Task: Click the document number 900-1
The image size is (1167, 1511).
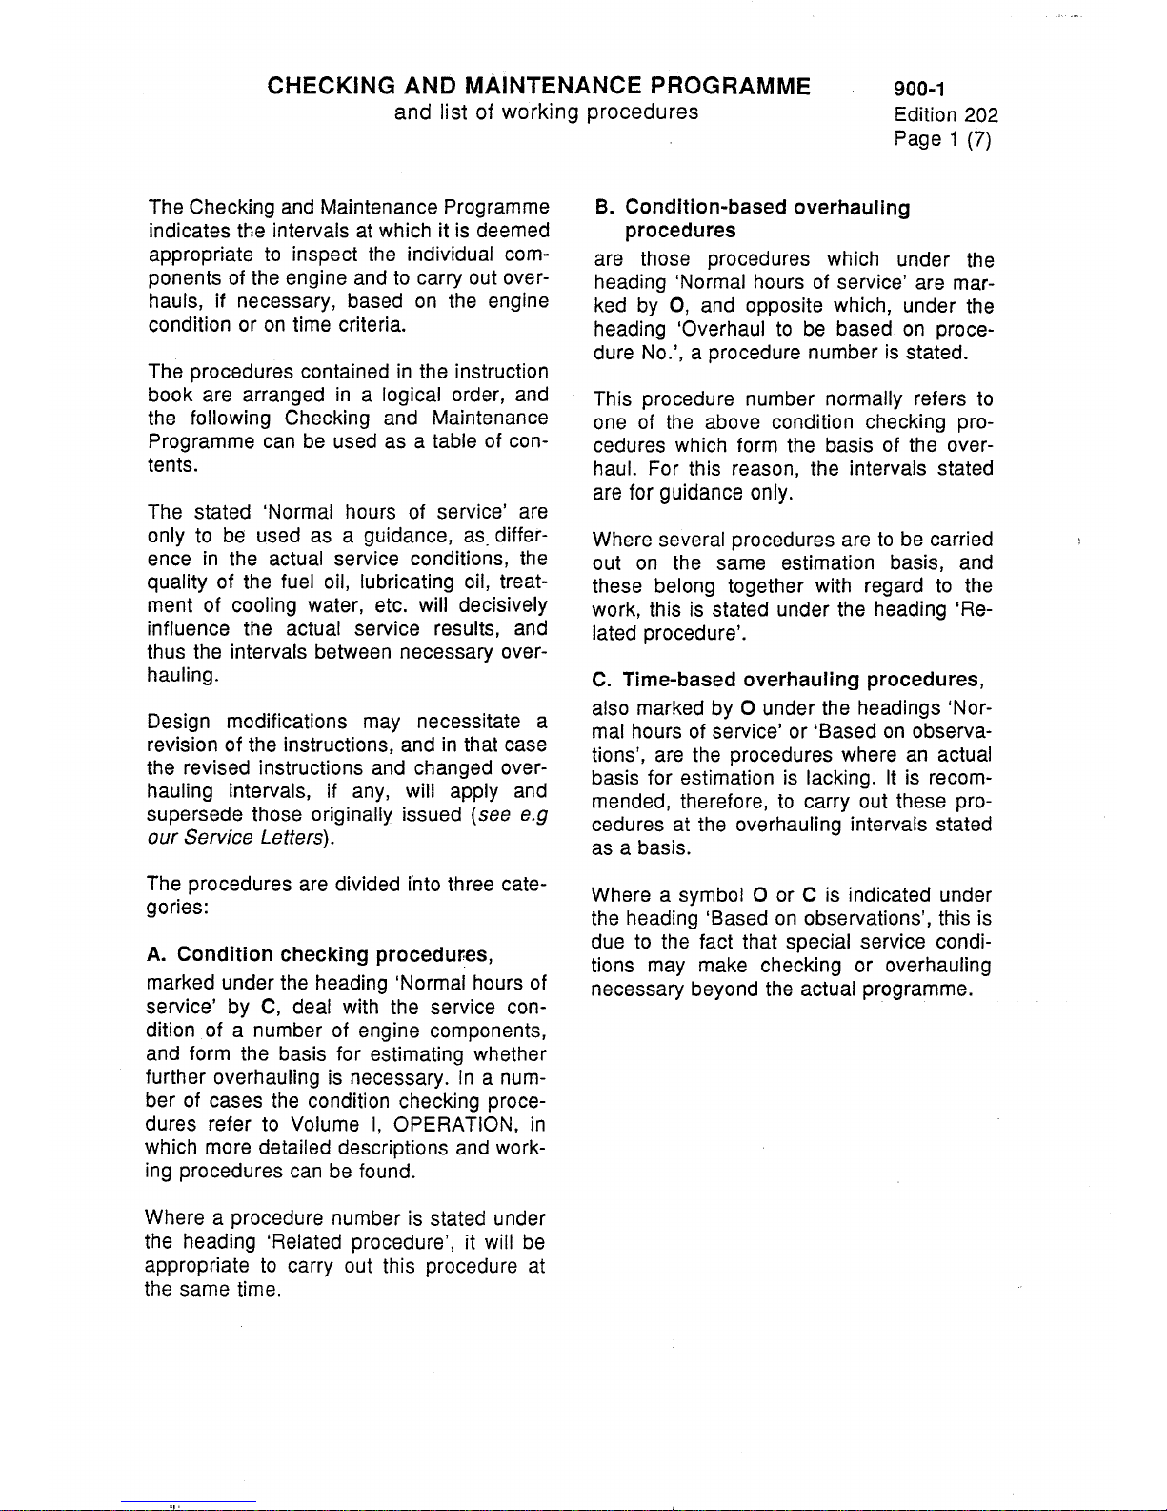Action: [x=919, y=90]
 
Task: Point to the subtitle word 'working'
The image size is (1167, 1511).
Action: [x=540, y=112]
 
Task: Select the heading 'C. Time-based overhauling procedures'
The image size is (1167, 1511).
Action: [x=787, y=680]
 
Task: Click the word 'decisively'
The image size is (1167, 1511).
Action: [x=503, y=605]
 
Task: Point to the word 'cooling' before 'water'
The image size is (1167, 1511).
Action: [x=265, y=605]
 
